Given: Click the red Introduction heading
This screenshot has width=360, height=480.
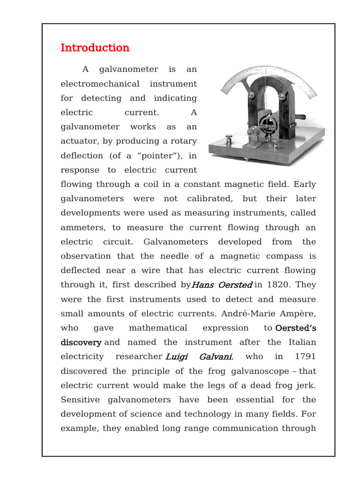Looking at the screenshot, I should pyautogui.click(x=95, y=48).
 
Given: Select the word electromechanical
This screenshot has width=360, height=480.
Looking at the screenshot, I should pyautogui.click(x=100, y=84).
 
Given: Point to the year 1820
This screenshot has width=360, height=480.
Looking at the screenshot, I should pyautogui.click(x=280, y=285).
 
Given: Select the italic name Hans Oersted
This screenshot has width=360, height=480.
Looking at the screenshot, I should pyautogui.click(x=222, y=285).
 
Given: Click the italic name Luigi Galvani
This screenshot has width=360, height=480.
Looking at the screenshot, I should pyautogui.click(x=199, y=357).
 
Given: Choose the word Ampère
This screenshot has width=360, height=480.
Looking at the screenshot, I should pyautogui.click(x=299, y=314).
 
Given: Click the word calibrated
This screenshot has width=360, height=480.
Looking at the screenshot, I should pyautogui.click(x=209, y=199).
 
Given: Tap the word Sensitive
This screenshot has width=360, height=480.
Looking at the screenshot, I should pyautogui.click(x=79, y=400).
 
